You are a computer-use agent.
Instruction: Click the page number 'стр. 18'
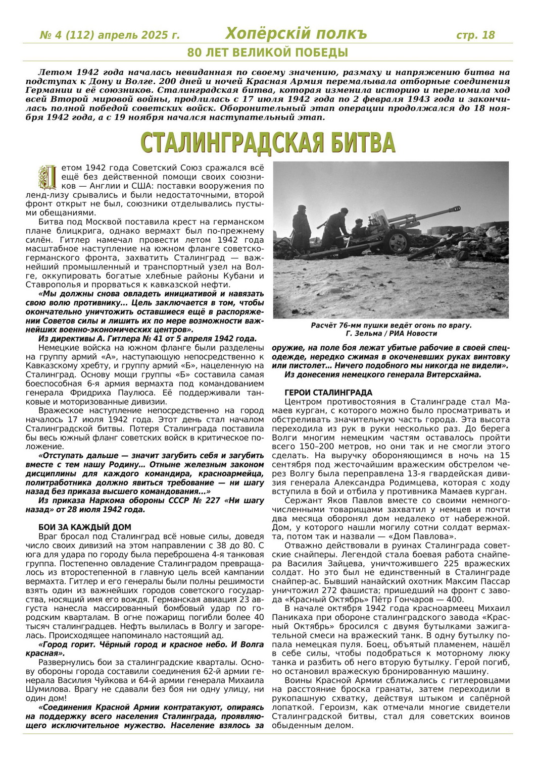pos(475,35)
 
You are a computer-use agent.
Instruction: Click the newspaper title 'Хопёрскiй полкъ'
pos(296,34)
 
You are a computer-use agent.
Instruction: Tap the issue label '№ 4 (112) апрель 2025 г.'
pos(110,35)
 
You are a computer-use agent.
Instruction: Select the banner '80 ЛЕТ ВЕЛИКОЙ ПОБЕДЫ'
pos(267,52)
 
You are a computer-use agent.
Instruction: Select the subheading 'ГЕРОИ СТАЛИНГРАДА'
pos(328,393)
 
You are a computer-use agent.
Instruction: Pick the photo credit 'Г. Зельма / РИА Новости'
pos(392,334)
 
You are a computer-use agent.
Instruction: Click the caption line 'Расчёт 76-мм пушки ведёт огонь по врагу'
pos(391,326)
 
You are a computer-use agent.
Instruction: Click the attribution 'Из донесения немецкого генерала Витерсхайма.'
pos(383,374)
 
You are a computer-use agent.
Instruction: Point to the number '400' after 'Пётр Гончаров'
pos(455,599)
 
